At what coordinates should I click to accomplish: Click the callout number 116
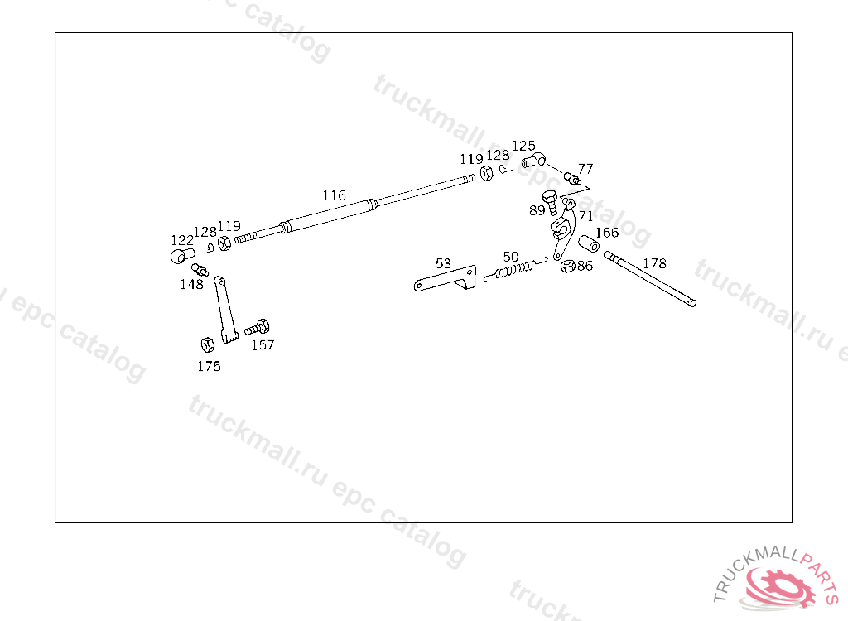coord(334,196)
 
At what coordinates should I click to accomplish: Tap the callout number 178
coord(654,264)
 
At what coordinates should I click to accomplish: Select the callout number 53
coord(443,264)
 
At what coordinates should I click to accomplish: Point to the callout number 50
coord(511,257)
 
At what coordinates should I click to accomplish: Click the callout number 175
coord(209,366)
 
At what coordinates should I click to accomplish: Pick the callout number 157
coord(263,345)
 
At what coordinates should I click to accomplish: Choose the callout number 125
coord(523,146)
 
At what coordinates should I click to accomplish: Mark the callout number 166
coord(607,233)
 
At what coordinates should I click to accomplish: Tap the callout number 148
coord(192,284)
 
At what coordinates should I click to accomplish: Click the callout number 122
coord(182,240)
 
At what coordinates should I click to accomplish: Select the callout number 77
coord(585,169)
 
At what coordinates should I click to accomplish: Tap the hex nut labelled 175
coord(207,344)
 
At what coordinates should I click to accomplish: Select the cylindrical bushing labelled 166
coord(588,245)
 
